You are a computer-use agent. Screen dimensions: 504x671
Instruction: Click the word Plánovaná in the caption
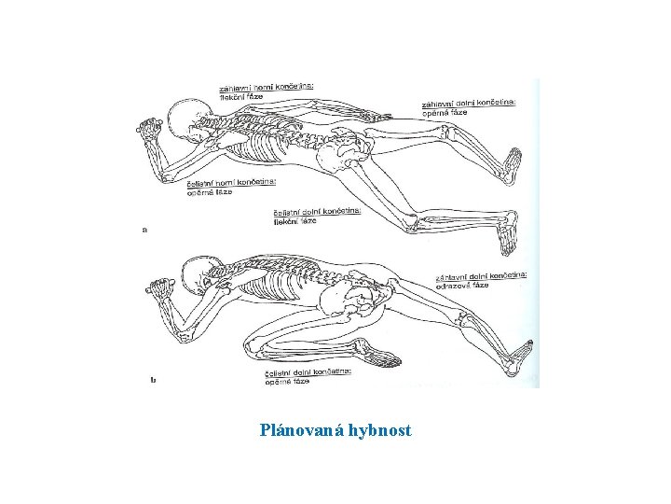pos(302,431)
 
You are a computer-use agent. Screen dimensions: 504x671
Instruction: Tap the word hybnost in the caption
pos(378,431)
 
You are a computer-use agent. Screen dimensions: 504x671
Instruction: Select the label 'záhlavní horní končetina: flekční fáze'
pos(266,91)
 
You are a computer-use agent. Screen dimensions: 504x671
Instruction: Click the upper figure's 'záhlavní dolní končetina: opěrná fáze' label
pos(480,108)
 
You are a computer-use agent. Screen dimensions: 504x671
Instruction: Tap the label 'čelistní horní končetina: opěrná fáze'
pos(217,188)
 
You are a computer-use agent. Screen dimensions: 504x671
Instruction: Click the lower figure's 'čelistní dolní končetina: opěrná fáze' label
pos(307,376)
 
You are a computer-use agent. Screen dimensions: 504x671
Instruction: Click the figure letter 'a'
pos(144,228)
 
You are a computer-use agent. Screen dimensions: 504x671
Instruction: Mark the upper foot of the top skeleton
pos(511,164)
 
